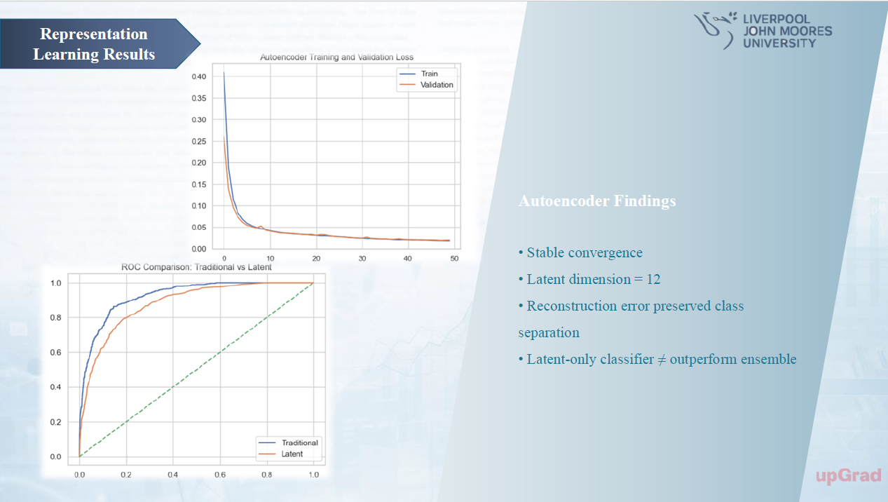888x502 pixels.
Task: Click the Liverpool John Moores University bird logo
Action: (715, 29)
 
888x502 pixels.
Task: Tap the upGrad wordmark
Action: (848, 476)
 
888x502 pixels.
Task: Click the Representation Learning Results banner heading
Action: (94, 44)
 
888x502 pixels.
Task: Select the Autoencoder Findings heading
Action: (597, 201)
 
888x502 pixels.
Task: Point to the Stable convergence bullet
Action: (580, 252)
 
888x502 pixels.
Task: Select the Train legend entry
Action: (428, 74)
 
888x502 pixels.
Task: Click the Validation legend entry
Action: (436, 85)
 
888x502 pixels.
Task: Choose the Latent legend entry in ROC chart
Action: (292, 454)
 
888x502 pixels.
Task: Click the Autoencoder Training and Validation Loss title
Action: (336, 57)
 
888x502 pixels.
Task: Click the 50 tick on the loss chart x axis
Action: (454, 259)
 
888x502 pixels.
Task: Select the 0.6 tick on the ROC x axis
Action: (220, 474)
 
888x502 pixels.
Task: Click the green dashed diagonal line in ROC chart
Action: (196, 369)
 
